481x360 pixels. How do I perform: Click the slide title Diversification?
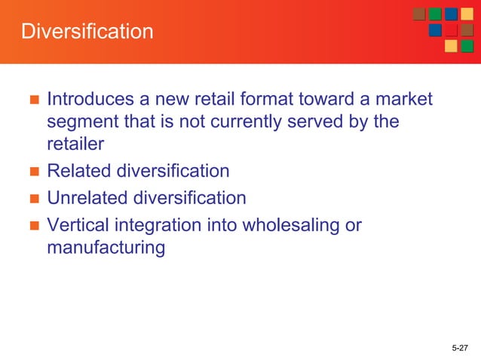tap(87, 32)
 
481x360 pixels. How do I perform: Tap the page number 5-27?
tap(459, 347)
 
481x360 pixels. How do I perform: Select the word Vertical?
tap(77, 225)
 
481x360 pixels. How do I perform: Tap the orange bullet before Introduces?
tap(32, 100)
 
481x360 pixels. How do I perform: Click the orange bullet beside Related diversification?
tap(32, 172)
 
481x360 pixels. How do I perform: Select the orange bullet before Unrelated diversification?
tap(32, 199)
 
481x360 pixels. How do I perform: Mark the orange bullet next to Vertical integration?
tap(32, 226)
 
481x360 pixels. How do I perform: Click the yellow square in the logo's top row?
tap(467, 14)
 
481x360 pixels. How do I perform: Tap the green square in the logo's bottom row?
tap(467, 46)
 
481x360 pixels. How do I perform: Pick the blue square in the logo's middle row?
tap(435, 30)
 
